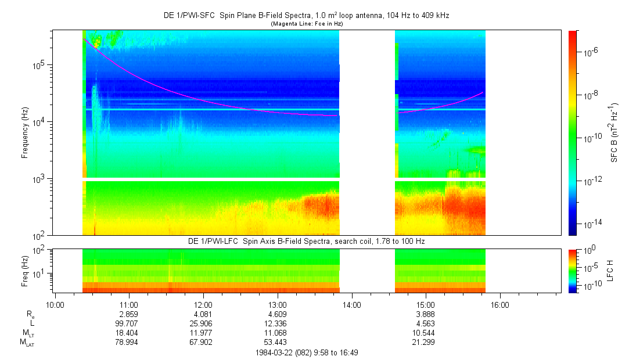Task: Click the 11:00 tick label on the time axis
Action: (x=128, y=304)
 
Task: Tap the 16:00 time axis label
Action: (x=500, y=304)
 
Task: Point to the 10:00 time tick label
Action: (x=55, y=304)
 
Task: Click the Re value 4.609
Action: (x=278, y=314)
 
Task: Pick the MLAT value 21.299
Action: (x=426, y=342)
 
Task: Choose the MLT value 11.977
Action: (x=203, y=333)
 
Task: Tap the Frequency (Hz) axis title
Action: (x=25, y=133)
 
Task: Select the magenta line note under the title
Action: (x=307, y=23)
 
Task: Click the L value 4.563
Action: (x=426, y=323)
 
